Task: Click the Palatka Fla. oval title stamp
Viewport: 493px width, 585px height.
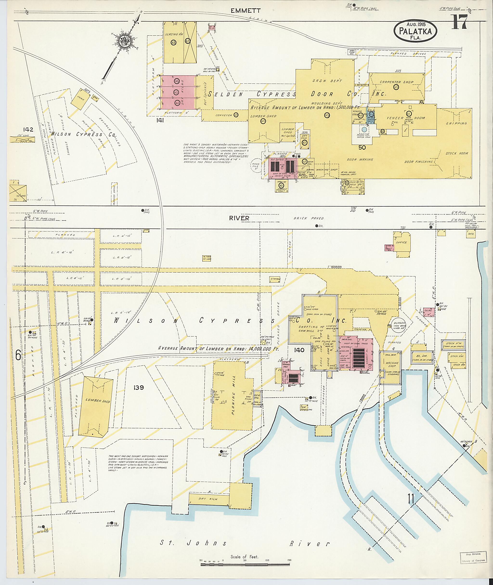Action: [x=415, y=31]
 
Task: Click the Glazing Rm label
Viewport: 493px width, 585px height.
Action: [x=177, y=34]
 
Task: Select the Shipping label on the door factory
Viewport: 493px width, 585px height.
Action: [x=456, y=123]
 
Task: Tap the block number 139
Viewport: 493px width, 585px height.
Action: [x=138, y=388]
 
